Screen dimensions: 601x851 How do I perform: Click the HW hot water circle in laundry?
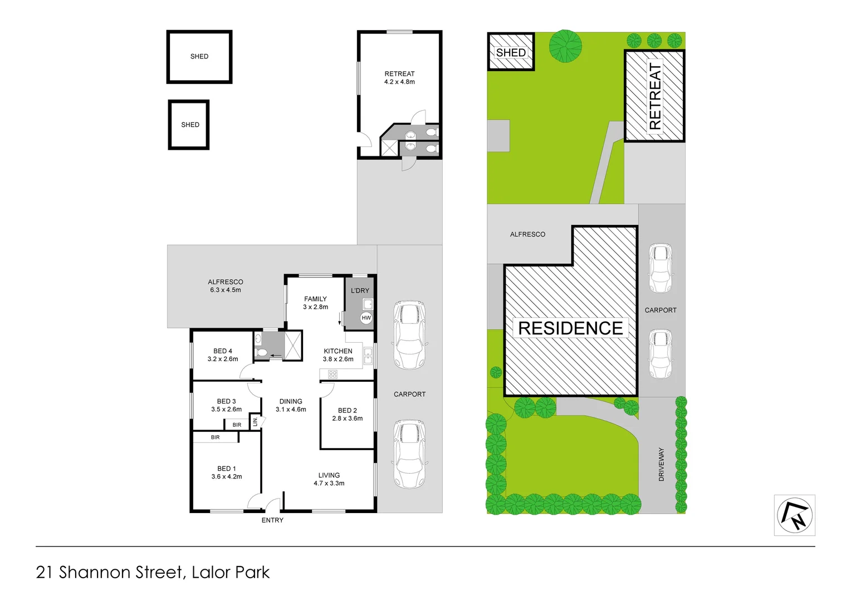point(366,318)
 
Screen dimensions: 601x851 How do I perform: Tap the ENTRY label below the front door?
point(272,520)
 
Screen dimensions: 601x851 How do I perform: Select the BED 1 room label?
point(227,469)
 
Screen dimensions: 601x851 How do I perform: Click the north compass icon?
point(795,515)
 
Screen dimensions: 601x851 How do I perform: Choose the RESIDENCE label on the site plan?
point(570,328)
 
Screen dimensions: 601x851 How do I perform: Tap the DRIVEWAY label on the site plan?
point(662,464)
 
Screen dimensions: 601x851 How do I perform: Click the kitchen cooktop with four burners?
point(332,375)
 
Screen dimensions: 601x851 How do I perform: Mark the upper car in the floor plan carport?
point(409,335)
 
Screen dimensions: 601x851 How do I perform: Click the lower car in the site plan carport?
point(661,354)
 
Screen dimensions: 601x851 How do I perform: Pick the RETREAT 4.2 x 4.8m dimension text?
point(399,82)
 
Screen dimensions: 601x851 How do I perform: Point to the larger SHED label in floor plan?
point(199,56)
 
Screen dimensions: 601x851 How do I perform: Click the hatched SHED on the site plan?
point(511,52)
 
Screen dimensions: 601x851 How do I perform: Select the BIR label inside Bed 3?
point(237,425)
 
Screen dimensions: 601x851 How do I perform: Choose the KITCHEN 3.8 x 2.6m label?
point(338,355)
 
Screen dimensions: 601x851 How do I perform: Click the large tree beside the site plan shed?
point(566,46)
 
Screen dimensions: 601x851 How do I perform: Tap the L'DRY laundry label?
point(360,290)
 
